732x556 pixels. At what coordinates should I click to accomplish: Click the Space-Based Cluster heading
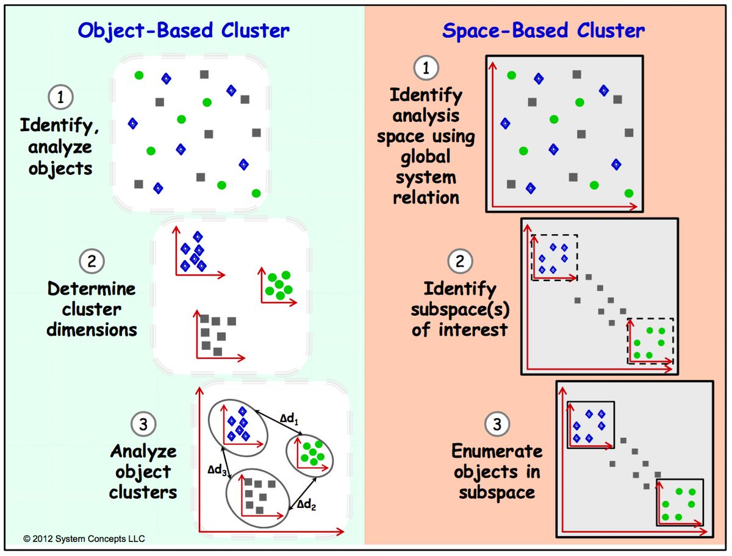coord(543,30)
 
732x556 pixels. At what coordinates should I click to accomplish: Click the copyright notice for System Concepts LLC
coord(84,538)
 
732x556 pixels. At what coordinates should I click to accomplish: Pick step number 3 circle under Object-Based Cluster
coord(144,424)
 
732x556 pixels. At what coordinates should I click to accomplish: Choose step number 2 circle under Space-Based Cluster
coord(459,262)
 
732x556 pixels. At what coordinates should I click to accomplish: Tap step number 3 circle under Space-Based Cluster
coord(497,424)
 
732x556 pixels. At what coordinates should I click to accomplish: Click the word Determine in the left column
coord(91,288)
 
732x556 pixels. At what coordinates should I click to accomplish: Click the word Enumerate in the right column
coord(497,451)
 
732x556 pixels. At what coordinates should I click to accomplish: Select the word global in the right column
coord(426,157)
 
